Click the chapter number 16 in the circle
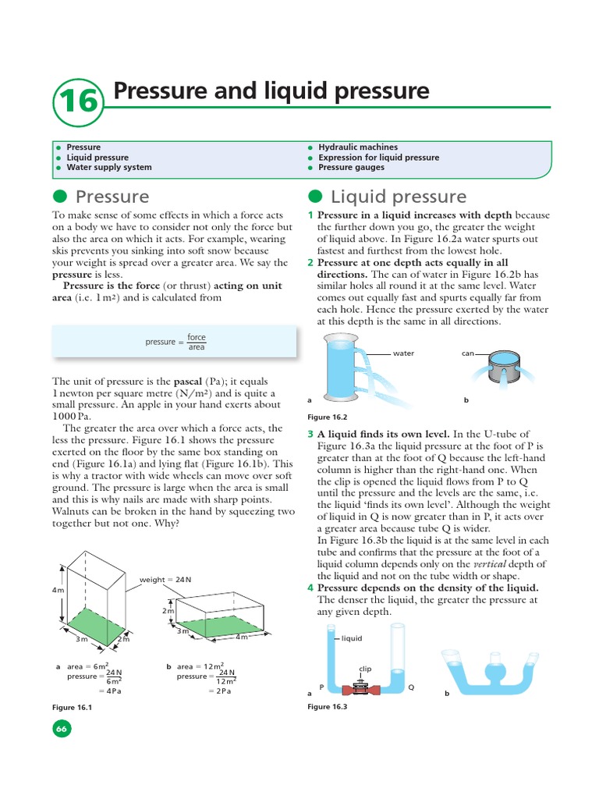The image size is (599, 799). click(x=78, y=101)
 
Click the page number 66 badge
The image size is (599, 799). click(x=62, y=729)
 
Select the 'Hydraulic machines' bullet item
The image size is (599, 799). click(x=357, y=147)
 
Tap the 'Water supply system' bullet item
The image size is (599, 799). click(x=108, y=167)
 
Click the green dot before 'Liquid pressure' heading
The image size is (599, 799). click(x=315, y=196)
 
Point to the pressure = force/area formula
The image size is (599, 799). click(x=175, y=342)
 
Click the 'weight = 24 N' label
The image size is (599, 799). click(x=165, y=580)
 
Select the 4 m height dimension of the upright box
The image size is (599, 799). click(x=58, y=590)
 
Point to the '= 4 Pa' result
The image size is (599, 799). click(x=112, y=691)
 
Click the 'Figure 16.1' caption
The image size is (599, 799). click(x=72, y=707)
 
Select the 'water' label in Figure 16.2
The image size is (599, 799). click(x=403, y=353)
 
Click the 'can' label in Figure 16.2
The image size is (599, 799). click(x=468, y=353)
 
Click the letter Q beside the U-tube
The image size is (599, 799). click(x=412, y=687)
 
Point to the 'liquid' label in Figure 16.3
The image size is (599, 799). click(x=353, y=638)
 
